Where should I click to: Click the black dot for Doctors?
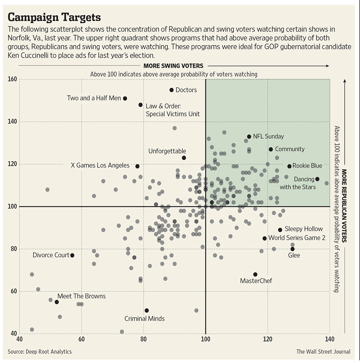(x=172, y=90)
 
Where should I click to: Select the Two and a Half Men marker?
(x=125, y=98)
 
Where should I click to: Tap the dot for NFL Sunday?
(x=249, y=136)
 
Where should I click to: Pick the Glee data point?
(x=292, y=249)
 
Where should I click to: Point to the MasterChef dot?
(x=255, y=274)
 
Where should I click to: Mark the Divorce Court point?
(x=72, y=255)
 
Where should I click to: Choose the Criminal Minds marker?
(x=147, y=310)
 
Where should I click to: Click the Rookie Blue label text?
(x=307, y=166)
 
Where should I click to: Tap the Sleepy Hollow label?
(x=304, y=229)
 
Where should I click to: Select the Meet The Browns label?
(x=81, y=296)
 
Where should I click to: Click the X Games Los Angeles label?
(x=100, y=166)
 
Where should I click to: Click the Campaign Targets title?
(x=54, y=17)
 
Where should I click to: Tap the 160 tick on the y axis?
(x=12, y=79)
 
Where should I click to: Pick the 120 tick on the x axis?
(x=268, y=339)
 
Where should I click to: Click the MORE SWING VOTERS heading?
(x=173, y=66)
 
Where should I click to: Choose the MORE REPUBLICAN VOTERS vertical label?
(x=344, y=206)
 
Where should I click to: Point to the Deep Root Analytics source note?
(x=39, y=351)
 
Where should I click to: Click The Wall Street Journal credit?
(x=323, y=351)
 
